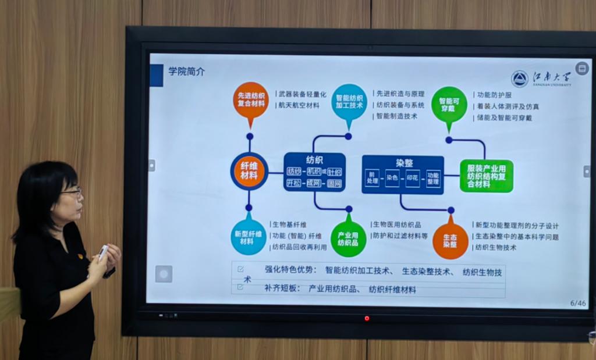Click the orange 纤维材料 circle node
point(249,171)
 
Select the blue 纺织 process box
point(314,172)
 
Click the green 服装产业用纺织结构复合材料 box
point(486,176)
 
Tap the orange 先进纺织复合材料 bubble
point(251,99)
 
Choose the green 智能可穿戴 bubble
point(449,104)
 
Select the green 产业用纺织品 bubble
point(348,238)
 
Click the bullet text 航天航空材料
point(299,105)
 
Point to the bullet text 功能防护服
point(494,95)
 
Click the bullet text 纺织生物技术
point(495,247)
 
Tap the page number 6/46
point(578,303)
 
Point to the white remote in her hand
point(102,252)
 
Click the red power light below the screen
point(367,318)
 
